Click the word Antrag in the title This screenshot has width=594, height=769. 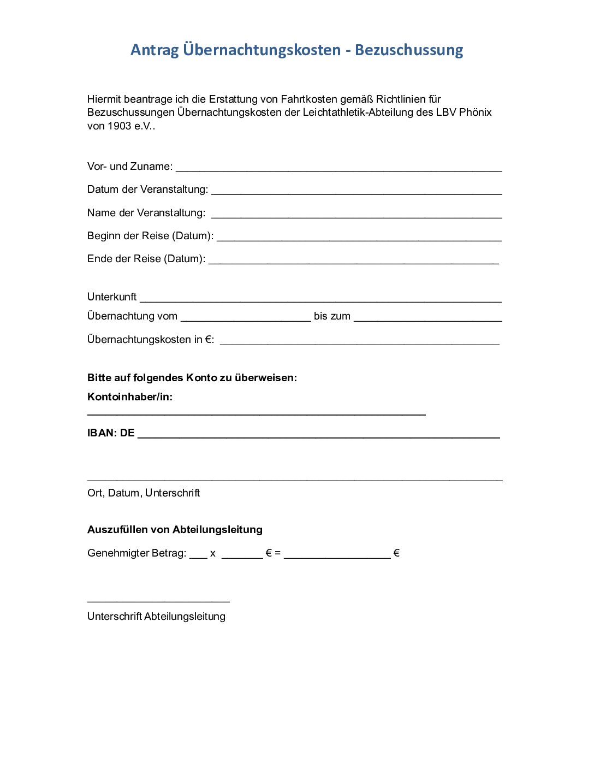(155, 50)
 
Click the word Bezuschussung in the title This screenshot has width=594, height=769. (409, 50)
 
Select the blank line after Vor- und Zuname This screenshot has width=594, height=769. (338, 168)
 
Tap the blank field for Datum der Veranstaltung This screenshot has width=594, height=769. (357, 191)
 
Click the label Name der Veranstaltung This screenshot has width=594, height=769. (146, 213)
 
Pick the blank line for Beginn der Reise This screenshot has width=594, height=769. (359, 238)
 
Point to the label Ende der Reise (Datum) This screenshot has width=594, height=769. (146, 259)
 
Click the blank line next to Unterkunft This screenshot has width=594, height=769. (320, 299)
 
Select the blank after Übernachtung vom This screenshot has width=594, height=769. (246, 318)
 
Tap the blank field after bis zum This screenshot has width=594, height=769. (427, 318)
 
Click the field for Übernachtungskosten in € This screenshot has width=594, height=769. (359, 341)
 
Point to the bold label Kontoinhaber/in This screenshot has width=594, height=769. (130, 397)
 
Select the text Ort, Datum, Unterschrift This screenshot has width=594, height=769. (144, 493)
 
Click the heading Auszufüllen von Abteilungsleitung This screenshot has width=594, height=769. (175, 530)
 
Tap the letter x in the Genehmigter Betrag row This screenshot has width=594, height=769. (212, 554)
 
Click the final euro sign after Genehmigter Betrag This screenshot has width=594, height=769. (396, 553)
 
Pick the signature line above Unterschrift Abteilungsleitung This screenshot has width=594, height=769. (158, 600)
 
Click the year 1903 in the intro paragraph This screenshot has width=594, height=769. (120, 126)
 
